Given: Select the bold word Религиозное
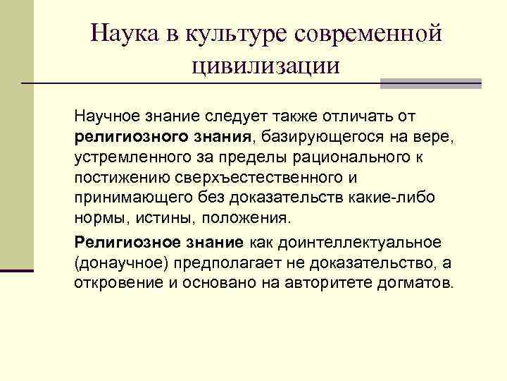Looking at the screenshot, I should pos(118,242).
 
